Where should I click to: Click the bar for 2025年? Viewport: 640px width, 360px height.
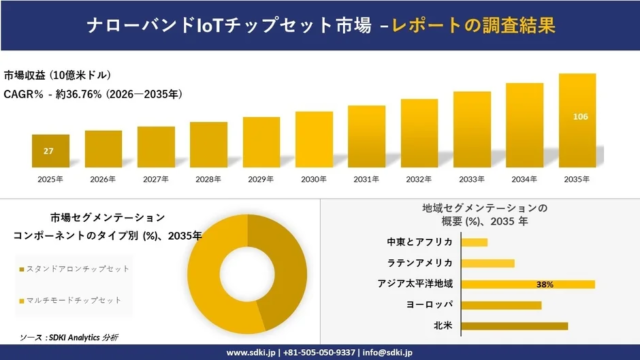[50, 151]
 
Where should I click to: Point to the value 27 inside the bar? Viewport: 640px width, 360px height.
[49, 151]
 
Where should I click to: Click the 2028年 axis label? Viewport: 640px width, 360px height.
[208, 179]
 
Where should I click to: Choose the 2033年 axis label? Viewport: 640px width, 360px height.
[472, 179]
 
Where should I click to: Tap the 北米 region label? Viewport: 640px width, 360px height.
[443, 325]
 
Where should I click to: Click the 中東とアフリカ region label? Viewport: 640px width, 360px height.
[420, 242]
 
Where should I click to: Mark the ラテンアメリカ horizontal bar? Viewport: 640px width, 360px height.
[489, 263]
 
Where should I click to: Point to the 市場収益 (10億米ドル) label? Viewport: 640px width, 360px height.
[58, 76]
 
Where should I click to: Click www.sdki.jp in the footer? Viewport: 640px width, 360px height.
[251, 352]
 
